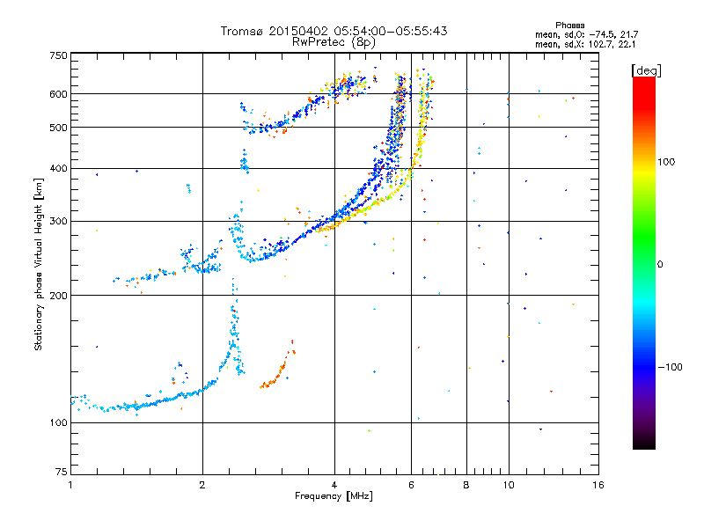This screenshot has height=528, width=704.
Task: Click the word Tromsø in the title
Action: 243,31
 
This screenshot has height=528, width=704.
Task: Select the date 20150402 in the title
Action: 298,31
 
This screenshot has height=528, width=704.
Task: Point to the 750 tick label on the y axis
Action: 59,55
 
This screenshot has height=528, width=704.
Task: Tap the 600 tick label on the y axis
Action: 59,94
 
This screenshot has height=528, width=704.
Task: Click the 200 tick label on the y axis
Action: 59,296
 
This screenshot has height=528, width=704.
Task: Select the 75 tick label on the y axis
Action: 62,472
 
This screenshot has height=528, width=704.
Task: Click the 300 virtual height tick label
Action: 59,222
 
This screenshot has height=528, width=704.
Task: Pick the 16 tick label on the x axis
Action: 598,485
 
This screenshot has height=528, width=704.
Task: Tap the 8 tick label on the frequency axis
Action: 466,485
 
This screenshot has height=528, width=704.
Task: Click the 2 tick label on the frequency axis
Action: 202,485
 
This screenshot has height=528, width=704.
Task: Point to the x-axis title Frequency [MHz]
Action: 334,496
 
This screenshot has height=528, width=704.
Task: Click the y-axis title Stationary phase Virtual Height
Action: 38,265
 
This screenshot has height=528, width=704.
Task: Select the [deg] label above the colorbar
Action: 646,70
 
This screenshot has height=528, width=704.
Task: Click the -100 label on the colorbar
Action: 671,367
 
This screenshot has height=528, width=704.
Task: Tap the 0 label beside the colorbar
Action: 660,265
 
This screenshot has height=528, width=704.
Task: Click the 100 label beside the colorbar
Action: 666,162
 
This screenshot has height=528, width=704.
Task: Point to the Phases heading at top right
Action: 569,26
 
